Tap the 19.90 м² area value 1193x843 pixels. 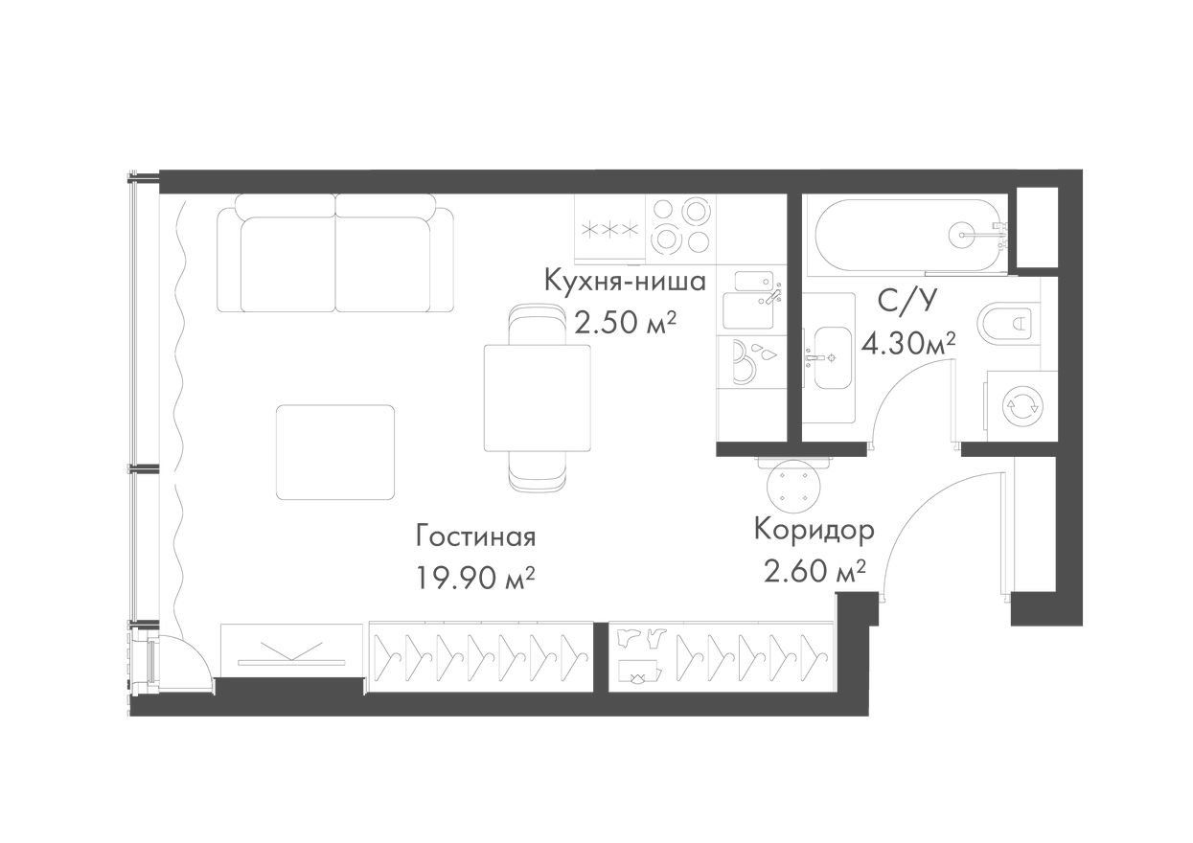pos(475,578)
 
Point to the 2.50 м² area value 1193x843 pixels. pos(626,322)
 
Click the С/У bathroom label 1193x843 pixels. pos(906,302)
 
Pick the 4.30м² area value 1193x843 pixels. pos(908,344)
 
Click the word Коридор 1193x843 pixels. pos(814,530)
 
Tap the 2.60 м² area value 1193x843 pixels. pos(814,571)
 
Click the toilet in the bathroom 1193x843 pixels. pos(1009,322)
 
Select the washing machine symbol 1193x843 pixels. pos(1022,406)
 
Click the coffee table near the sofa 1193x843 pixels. pos(335,452)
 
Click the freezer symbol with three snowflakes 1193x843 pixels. pos(609,230)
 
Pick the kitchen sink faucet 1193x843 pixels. pos(771,296)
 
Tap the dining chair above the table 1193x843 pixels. pos(537,324)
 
